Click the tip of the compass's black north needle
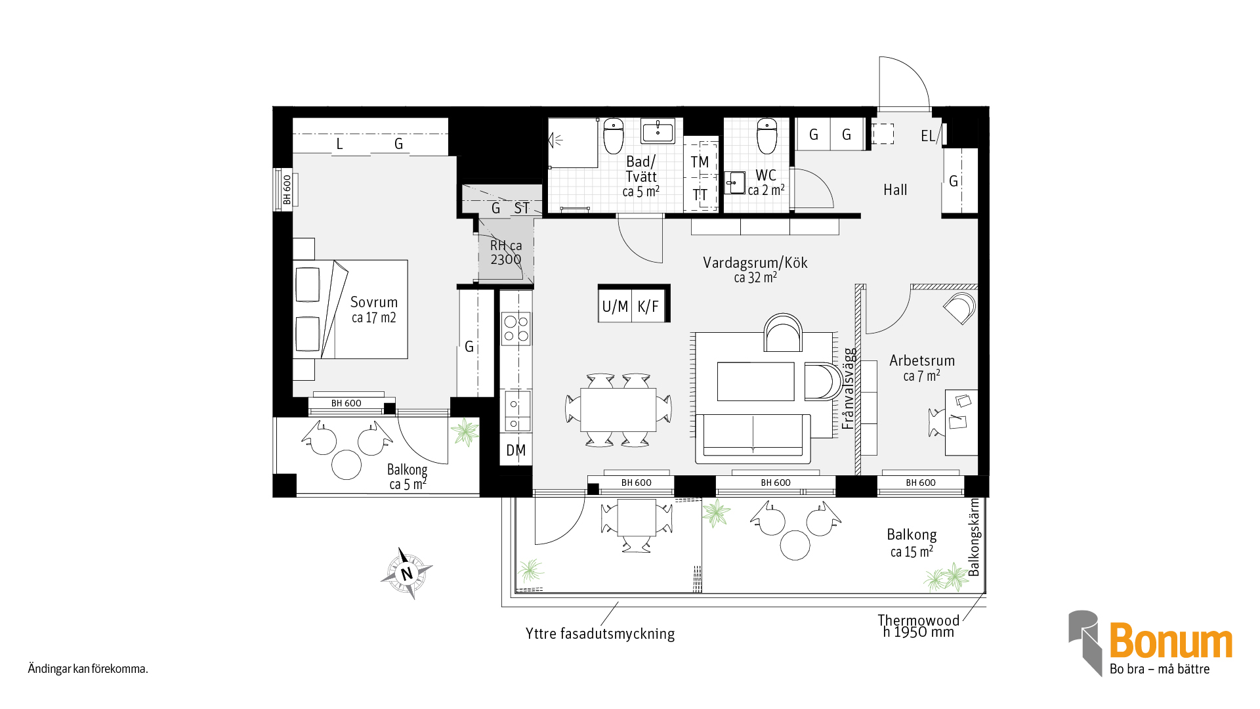point(399,548)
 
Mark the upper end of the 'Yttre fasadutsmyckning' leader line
point(619,602)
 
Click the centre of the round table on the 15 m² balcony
point(795,545)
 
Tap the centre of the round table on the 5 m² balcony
point(346,465)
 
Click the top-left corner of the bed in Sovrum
point(293,261)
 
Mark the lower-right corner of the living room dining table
point(656,431)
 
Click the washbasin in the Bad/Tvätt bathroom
point(658,131)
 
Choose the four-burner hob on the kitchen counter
point(516,329)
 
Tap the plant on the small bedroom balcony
point(465,433)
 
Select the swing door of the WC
point(812,188)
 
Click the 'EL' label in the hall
point(927,136)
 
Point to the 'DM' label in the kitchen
point(516,450)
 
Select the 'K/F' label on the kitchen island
point(648,307)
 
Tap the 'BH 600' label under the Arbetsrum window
point(921,483)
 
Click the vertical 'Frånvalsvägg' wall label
point(849,389)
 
